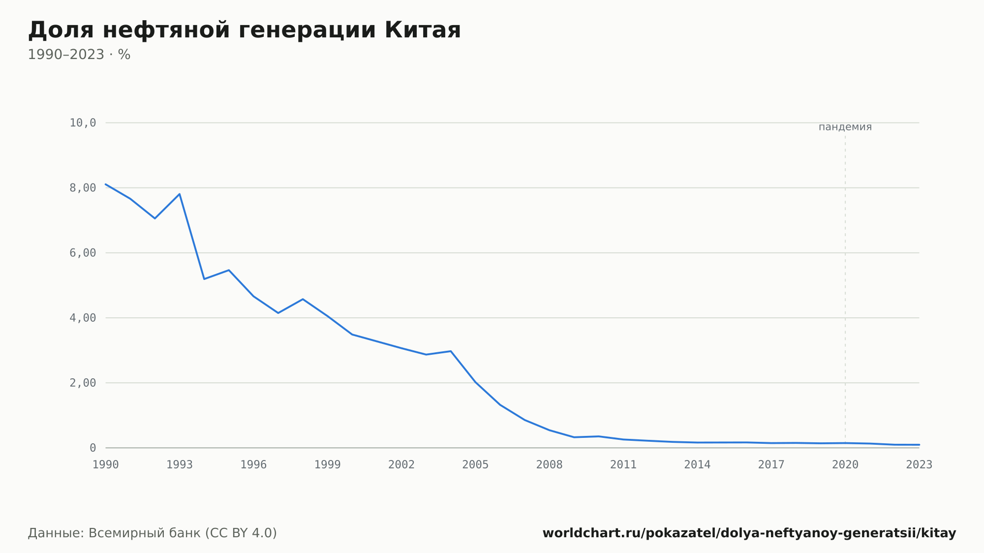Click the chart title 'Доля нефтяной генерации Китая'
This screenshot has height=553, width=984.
point(245,30)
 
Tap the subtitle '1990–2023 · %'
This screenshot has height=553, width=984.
point(79,55)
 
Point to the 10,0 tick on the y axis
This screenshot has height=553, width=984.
point(83,123)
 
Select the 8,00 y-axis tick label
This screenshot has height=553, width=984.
point(83,188)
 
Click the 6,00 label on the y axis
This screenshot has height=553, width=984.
point(83,253)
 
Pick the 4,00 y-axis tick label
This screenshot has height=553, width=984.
point(83,318)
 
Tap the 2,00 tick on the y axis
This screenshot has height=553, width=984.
point(83,383)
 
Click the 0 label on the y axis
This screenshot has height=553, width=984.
point(93,448)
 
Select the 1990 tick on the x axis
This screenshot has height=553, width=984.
point(106,465)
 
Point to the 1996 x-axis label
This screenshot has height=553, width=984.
point(253,465)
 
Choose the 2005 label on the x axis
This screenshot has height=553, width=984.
point(475,465)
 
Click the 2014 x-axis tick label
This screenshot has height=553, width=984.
point(697,465)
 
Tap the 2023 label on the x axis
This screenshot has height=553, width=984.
point(919,465)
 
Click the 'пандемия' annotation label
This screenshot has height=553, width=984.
point(845,127)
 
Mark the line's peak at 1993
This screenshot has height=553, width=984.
point(180,194)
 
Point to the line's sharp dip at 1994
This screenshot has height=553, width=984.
point(204,279)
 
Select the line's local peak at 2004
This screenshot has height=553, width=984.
point(451,351)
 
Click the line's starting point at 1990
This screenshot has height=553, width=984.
point(106,184)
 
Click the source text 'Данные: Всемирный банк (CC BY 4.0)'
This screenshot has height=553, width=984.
point(153,533)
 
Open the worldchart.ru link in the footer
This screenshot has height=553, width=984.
point(749,533)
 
